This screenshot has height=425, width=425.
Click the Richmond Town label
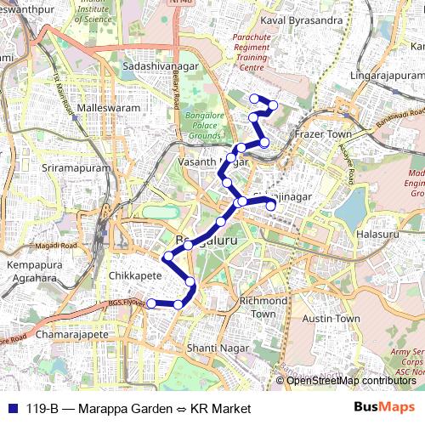tap(263, 307)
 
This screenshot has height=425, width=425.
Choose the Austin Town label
tap(333, 318)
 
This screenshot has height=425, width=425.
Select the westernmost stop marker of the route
tap(151, 303)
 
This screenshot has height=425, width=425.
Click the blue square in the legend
tap(8, 409)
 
